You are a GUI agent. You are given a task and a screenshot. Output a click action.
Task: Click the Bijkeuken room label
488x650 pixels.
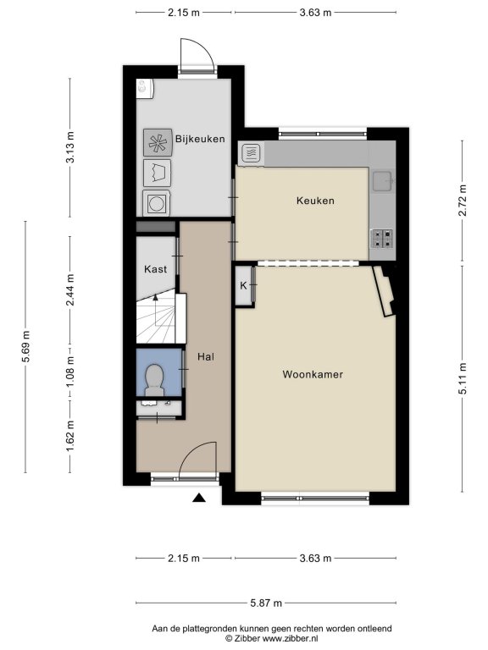tap(200, 139)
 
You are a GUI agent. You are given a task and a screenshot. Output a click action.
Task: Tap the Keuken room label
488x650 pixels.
tap(315, 201)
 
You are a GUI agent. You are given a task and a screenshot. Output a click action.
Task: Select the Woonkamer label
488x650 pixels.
tap(313, 374)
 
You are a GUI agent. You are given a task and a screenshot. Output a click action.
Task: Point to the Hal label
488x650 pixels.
tap(206, 356)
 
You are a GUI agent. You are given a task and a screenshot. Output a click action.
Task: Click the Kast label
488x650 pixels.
tap(156, 269)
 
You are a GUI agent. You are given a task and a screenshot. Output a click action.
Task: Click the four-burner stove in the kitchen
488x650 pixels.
tap(382, 239)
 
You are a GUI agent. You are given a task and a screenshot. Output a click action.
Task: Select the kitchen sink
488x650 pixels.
tap(383, 182)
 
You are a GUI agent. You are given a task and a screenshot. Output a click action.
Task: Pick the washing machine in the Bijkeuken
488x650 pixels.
tap(157, 203)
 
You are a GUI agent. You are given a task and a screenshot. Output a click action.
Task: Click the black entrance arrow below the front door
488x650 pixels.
tap(199, 498)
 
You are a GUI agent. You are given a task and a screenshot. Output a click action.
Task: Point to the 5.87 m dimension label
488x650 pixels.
tap(266, 603)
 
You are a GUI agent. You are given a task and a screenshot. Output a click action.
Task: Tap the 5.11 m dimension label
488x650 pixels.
tap(463, 379)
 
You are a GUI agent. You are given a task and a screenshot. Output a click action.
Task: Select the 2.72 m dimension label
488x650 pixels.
tap(463, 201)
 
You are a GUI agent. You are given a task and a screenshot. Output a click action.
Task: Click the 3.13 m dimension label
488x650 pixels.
tap(69, 146)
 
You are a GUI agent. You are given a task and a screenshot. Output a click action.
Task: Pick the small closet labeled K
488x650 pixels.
tap(244, 285)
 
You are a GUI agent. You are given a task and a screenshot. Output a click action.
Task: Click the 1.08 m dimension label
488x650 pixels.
tap(69, 372)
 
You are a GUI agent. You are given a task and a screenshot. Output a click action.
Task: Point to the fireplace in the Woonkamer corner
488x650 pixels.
tap(385, 291)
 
